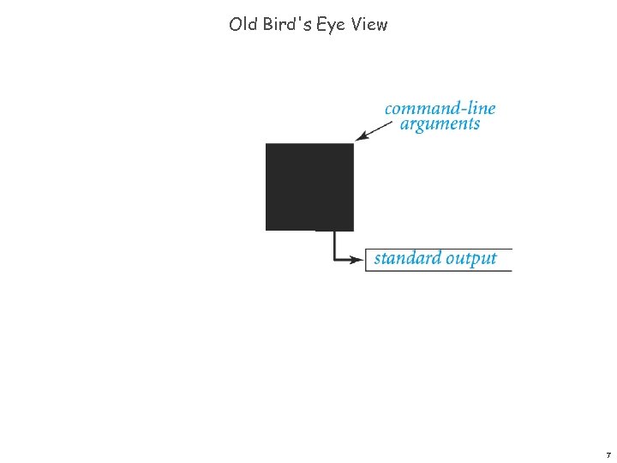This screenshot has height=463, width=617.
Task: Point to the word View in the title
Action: click(369, 24)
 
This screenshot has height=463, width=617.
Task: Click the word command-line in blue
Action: click(440, 108)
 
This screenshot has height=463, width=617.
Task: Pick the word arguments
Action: click(440, 123)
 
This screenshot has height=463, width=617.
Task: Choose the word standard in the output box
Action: click(407, 258)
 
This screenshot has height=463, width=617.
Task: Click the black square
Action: click(309, 187)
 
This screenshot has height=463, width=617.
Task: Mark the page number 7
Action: click(608, 454)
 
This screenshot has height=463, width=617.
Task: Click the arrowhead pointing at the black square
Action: click(361, 135)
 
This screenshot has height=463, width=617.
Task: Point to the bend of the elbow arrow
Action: click(334, 259)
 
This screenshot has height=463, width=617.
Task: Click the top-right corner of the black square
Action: click(353, 144)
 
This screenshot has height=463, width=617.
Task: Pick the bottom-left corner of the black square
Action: click(267, 230)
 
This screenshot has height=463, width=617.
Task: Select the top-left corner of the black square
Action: click(267, 144)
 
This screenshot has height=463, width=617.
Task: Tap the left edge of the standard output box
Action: click(366, 259)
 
